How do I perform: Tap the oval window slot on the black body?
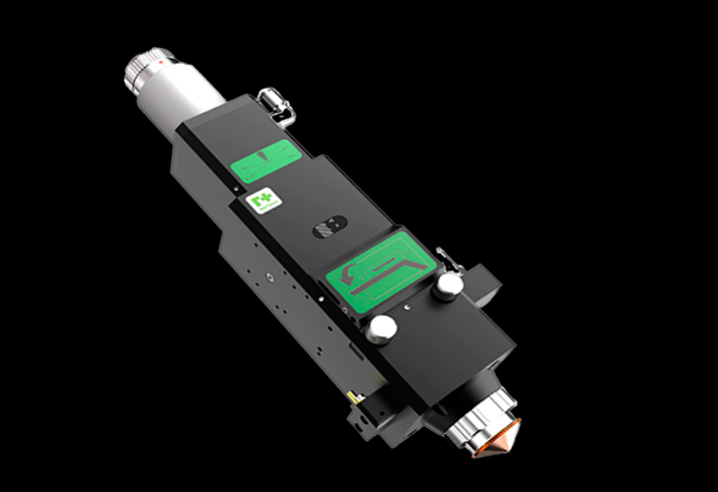[x=326, y=228]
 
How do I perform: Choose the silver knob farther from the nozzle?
[x=449, y=284]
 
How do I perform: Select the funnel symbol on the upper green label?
[x=268, y=155]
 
